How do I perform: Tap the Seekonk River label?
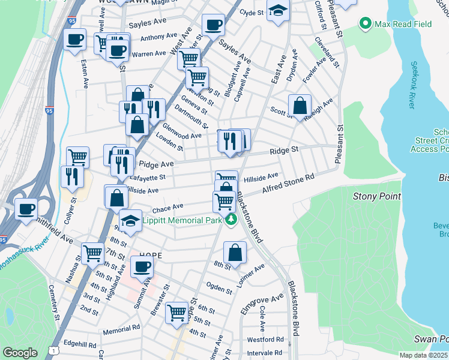(x=412, y=85)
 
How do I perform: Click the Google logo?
(x=20, y=353)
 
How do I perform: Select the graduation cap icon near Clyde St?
(x=278, y=11)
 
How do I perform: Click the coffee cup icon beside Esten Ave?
(x=75, y=40)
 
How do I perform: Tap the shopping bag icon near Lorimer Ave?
(x=235, y=253)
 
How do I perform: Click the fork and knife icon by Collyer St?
(x=70, y=176)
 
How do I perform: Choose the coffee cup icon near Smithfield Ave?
(x=26, y=209)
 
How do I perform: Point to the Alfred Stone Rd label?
(x=288, y=184)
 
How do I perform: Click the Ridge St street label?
(x=284, y=151)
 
